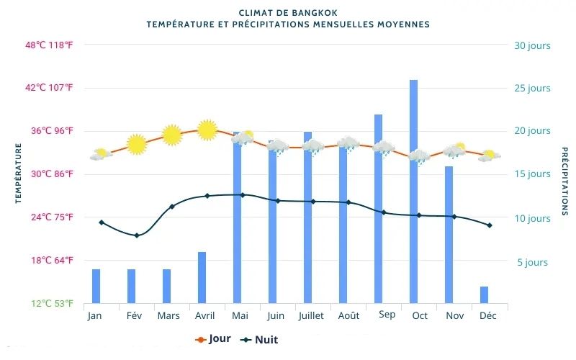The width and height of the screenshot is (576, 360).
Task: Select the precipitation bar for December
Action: pyautogui.click(x=484, y=294)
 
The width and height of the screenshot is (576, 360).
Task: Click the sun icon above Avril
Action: pyautogui.click(x=207, y=130)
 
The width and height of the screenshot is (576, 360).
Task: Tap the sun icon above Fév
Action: pyautogui.click(x=137, y=144)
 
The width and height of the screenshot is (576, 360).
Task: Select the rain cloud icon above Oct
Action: pyautogui.click(x=418, y=157)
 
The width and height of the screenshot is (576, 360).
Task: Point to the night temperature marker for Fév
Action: pyautogui.click(x=137, y=235)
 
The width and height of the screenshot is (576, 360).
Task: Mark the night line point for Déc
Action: pyautogui.click(x=490, y=225)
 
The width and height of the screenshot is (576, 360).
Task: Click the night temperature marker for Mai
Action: pyautogui.click(x=243, y=195)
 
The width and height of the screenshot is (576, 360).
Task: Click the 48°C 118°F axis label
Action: pyautogui.click(x=49, y=45)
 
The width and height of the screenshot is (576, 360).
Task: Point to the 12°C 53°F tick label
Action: pyautogui.click(x=51, y=303)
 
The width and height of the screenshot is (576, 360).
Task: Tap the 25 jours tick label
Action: pyautogui.click(x=532, y=89)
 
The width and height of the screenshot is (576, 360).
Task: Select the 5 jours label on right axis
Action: pyautogui.click(x=532, y=262)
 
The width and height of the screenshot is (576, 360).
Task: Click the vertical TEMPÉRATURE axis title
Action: pyautogui.click(x=19, y=174)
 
